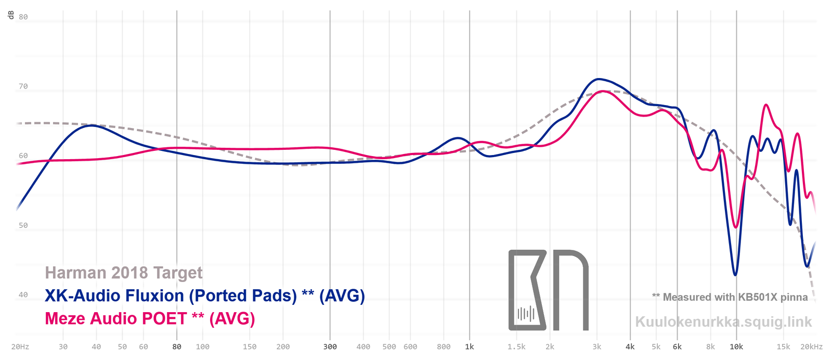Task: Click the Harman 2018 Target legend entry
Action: tap(124, 273)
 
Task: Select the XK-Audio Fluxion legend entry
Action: tap(205, 295)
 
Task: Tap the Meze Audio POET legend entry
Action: tap(150, 318)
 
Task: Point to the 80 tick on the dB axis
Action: tap(23, 17)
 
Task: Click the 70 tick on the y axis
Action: tap(23, 86)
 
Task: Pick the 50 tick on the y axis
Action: tap(23, 225)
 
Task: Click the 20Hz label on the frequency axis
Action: tap(20, 346)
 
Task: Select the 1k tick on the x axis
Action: tap(470, 346)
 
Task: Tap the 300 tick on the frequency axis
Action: tap(330, 346)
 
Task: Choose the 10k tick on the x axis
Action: tap(736, 346)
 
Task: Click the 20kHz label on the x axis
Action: tap(811, 346)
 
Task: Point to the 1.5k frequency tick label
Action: tap(516, 346)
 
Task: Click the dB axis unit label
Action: tap(11, 15)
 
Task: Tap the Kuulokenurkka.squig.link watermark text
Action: tap(723, 322)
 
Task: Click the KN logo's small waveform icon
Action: tap(526, 314)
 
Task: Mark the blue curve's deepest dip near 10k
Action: tap(735, 275)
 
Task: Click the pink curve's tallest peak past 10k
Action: tap(766, 105)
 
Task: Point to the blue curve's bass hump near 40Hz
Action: tap(92, 125)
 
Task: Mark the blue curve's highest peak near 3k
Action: tap(599, 79)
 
